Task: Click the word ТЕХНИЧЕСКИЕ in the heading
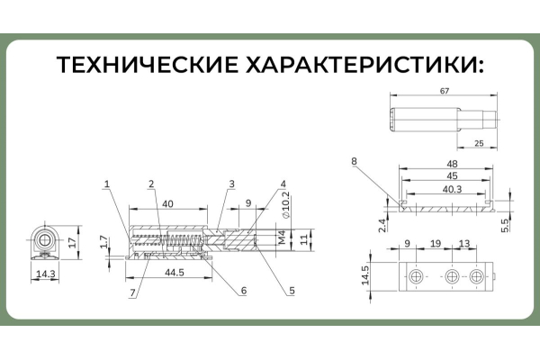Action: (148, 65)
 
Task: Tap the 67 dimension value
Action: (445, 91)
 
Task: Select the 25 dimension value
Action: (479, 143)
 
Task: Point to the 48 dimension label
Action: (452, 164)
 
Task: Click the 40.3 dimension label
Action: (452, 189)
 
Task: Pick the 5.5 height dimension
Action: (505, 226)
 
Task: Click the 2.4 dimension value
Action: (382, 226)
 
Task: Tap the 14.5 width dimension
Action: (365, 275)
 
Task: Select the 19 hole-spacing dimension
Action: (436, 244)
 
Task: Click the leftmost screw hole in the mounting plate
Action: (416, 276)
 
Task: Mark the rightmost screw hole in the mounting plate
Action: (476, 276)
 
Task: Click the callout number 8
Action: (354, 161)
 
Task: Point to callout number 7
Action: (133, 292)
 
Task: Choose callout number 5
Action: (292, 291)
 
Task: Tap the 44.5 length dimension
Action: (175, 273)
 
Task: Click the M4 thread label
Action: (282, 238)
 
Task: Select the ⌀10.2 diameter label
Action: (285, 205)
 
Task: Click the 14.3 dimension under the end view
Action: (46, 274)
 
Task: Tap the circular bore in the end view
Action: (44, 240)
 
